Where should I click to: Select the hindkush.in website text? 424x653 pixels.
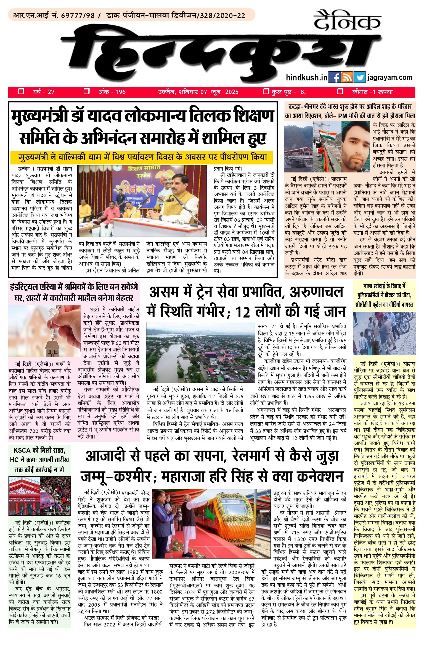pos(307,78)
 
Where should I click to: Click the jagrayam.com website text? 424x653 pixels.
pos(390,78)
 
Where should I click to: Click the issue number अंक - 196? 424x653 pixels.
pos(112,92)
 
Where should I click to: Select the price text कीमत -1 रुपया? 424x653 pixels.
pos(372,92)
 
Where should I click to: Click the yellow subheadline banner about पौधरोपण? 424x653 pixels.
pos(141,158)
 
